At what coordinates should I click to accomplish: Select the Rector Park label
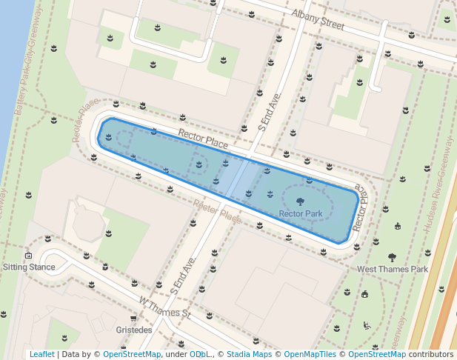(x=300, y=214)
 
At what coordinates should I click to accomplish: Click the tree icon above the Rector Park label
(x=300, y=201)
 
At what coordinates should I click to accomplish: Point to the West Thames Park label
(x=393, y=270)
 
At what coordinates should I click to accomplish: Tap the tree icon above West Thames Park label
(x=392, y=258)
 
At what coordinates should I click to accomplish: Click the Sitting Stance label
(x=29, y=267)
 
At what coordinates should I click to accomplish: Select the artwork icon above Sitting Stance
(x=28, y=255)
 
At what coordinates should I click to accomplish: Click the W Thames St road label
(x=165, y=307)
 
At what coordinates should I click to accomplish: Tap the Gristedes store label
(x=134, y=330)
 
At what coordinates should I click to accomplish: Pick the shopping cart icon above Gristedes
(x=133, y=319)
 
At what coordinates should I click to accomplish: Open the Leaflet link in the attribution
(x=41, y=354)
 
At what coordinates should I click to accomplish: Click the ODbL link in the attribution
(x=199, y=354)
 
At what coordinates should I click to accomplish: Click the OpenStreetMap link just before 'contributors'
(x=377, y=354)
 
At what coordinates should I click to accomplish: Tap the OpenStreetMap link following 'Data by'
(x=132, y=354)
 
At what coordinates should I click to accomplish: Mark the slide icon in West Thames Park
(x=367, y=324)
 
